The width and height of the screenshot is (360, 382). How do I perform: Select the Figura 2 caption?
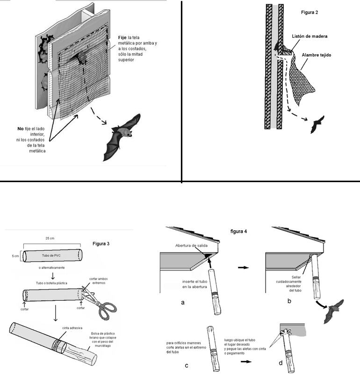tap(310, 12)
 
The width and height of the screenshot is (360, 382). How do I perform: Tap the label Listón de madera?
tap(310, 36)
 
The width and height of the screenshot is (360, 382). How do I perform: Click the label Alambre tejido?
tap(317, 55)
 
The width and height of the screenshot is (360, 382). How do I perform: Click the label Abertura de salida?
tap(191, 246)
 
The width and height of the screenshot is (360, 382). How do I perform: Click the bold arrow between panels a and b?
tap(243, 268)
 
